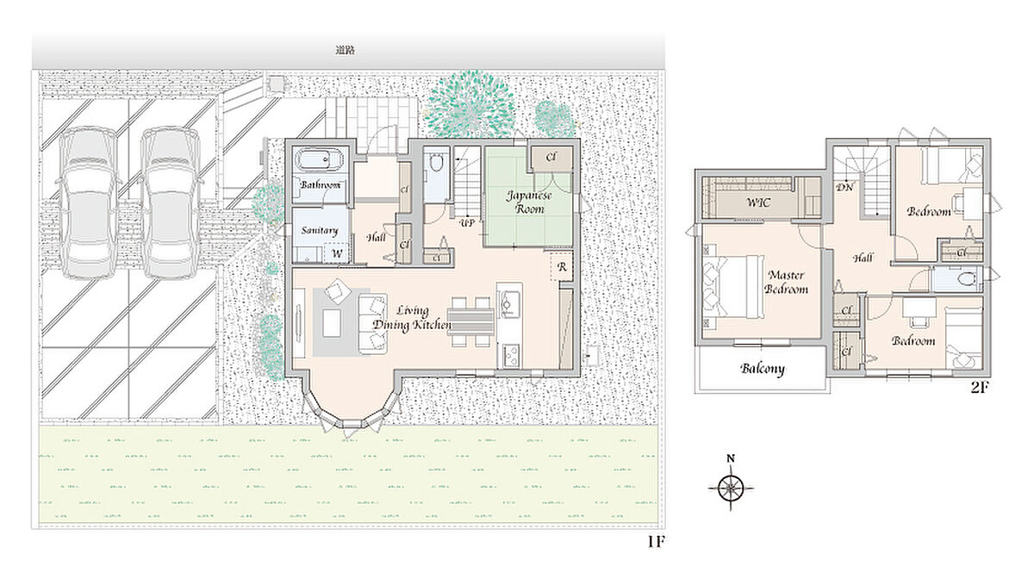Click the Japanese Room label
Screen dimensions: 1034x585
tap(529, 202)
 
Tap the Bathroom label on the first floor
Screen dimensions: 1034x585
tap(321, 184)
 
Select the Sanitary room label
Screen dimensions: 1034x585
tap(320, 230)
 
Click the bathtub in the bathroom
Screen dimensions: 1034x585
tap(320, 160)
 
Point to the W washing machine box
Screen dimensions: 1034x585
tap(338, 253)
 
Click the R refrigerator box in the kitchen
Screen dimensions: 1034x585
tap(562, 267)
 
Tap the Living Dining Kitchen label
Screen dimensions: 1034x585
tap(412, 318)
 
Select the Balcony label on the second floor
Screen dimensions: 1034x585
tap(763, 369)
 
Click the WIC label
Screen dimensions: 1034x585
tap(758, 202)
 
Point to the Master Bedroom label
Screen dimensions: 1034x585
tap(786, 282)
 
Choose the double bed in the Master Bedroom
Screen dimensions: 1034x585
tap(733, 286)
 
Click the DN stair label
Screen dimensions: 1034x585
tap(844, 188)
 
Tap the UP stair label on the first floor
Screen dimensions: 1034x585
tap(467, 223)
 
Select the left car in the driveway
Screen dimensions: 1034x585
tap(88, 202)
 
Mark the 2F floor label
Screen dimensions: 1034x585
tap(979, 388)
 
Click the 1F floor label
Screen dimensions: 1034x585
tap(656, 542)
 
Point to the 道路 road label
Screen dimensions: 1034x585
tap(346, 51)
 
